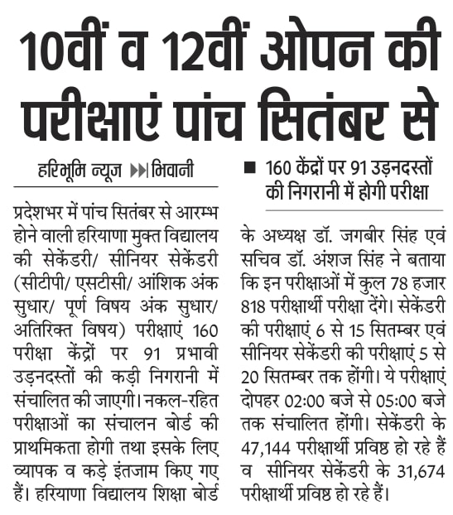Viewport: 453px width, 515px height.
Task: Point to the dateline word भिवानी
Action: (x=173, y=171)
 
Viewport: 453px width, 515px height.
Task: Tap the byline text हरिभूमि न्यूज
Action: (x=80, y=171)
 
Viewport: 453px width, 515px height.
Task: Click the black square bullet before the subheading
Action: (x=248, y=168)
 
